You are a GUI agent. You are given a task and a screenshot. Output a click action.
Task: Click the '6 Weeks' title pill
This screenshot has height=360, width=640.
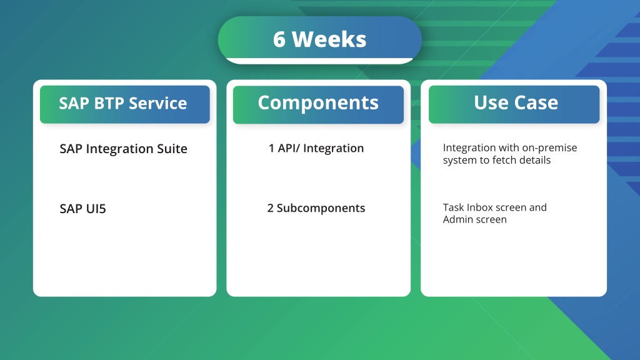[319, 39]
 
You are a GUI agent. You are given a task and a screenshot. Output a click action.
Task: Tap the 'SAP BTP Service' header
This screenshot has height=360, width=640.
[125, 104]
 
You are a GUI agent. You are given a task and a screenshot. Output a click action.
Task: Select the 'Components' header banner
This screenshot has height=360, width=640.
[318, 104]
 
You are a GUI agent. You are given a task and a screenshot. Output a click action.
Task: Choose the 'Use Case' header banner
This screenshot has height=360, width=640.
[514, 104]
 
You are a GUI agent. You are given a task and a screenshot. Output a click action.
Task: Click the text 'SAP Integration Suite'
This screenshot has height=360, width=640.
[123, 149]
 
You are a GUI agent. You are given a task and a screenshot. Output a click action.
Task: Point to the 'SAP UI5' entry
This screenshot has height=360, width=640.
[83, 209]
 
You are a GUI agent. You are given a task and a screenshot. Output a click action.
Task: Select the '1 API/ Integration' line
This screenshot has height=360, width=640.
[316, 148]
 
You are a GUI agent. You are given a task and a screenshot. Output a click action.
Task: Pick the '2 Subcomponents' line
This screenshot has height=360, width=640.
[316, 208]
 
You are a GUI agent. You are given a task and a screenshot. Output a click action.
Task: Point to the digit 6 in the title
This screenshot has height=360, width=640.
[279, 39]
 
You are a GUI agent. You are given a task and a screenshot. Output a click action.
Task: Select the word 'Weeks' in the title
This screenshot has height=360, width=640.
[329, 39]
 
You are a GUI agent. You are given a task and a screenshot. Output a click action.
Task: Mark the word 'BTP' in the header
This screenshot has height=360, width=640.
[108, 103]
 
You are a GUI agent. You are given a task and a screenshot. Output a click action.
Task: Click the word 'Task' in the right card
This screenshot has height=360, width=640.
[453, 207]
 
